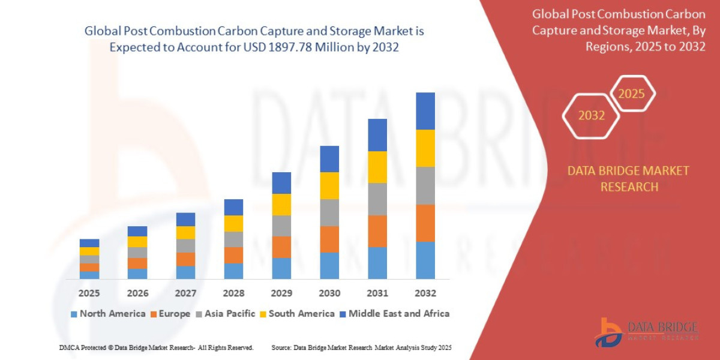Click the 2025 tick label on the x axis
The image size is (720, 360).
pos(89,293)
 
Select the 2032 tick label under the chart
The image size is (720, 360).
pos(425,293)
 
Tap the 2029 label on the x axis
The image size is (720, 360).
pos(281,293)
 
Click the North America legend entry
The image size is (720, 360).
pos(108,313)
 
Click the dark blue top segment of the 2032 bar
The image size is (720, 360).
pos(425,111)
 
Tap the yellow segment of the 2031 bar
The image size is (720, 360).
pos(377,167)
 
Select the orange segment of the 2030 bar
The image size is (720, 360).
pos(329,239)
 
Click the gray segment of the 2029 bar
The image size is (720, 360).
pos(281,226)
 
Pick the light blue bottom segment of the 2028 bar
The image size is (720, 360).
pos(233,271)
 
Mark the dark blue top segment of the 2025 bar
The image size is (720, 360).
pos(89,243)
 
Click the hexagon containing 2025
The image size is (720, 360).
pos(632,94)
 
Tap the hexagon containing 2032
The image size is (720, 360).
pos(591,115)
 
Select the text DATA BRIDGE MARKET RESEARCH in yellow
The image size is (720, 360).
pos(628,179)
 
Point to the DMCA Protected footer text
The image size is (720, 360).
pos(156,347)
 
